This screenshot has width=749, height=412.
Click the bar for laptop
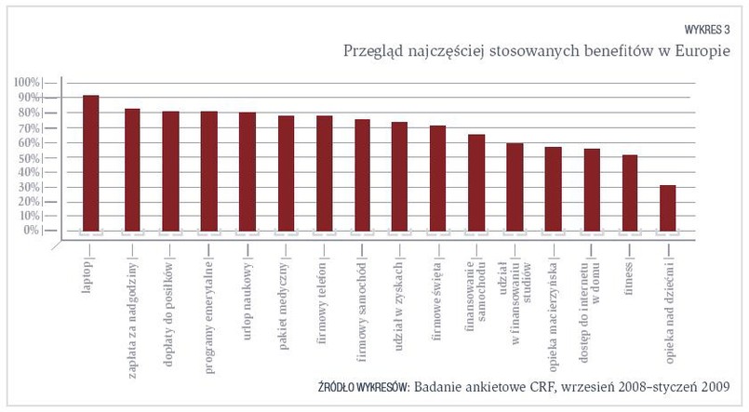[x=91, y=163]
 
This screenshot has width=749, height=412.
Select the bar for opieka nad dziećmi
[x=667, y=207]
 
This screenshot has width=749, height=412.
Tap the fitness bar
[x=629, y=193]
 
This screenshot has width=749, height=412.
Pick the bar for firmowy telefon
[x=325, y=173]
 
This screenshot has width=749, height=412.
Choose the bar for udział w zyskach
[x=399, y=176]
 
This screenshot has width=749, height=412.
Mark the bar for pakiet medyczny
[x=286, y=173]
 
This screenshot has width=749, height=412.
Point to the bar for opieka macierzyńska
[x=553, y=188]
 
